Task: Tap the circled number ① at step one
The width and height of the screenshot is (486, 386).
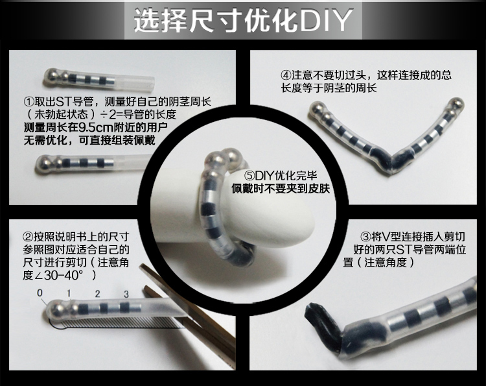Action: pyautogui.click(x=29, y=101)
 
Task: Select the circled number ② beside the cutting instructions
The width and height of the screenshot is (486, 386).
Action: pyautogui.click(x=29, y=237)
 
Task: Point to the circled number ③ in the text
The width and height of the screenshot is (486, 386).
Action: pyautogui.click(x=365, y=237)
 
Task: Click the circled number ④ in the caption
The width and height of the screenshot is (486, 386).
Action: pyautogui.click(x=286, y=75)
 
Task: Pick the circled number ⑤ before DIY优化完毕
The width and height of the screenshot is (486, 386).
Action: pyautogui.click(x=249, y=176)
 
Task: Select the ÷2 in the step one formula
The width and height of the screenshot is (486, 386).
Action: pyautogui.click(x=107, y=114)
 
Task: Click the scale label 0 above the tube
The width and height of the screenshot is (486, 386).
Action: pyautogui.click(x=40, y=293)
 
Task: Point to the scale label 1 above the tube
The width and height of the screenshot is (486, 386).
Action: pyautogui.click(x=69, y=293)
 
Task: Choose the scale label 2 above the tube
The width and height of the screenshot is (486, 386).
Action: pyautogui.click(x=98, y=293)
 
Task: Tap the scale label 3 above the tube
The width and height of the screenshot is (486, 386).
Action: pyautogui.click(x=126, y=294)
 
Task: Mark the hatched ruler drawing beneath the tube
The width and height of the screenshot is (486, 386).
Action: pyautogui.click(x=118, y=323)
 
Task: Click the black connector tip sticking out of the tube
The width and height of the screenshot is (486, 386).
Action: pyautogui.click(x=322, y=326)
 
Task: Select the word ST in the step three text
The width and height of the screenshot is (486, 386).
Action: pyautogui.click(x=404, y=250)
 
